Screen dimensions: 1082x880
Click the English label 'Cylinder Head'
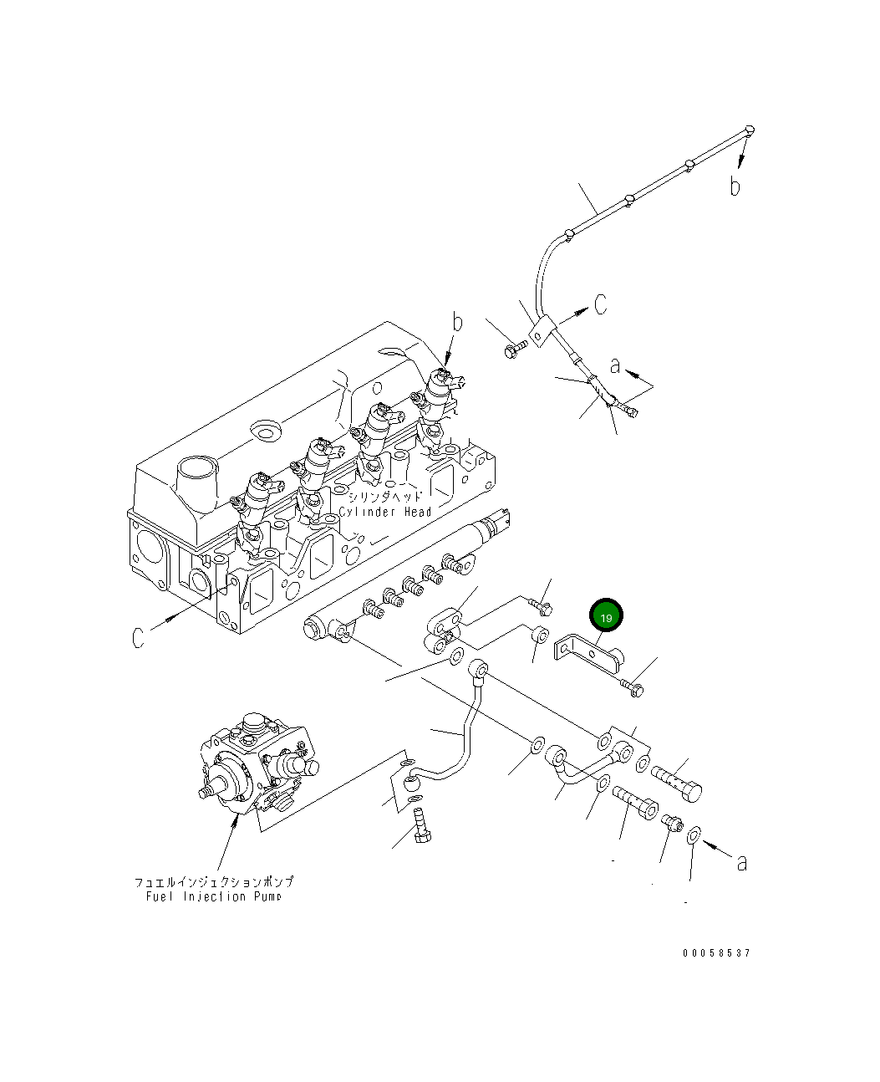385,512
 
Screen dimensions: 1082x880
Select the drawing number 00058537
716,953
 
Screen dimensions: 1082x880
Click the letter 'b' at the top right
735,186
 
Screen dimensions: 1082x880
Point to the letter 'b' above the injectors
457,322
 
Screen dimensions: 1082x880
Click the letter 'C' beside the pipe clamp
601,304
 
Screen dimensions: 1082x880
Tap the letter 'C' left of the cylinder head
139,637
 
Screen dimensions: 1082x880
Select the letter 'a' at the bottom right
741,862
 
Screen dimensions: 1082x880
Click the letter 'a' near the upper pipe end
616,365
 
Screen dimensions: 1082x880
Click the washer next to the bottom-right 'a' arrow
694,835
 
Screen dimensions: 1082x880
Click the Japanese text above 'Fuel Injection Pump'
214,882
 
